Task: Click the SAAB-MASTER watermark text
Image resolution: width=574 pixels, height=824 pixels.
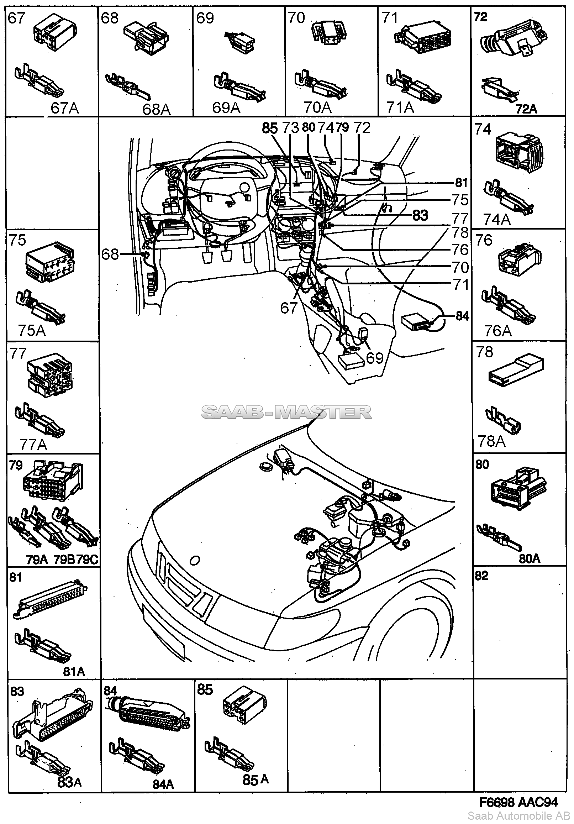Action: coord(286,413)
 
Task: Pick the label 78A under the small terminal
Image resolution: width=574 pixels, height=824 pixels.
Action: coord(491,442)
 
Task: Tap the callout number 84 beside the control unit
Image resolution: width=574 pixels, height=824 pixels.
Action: coord(462,316)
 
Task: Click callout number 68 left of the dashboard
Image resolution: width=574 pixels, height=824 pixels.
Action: coord(110,254)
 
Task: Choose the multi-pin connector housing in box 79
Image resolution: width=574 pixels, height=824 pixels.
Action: coord(52,481)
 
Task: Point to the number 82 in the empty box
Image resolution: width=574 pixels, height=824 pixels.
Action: coord(481,576)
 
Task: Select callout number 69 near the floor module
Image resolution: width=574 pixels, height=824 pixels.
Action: coord(375,358)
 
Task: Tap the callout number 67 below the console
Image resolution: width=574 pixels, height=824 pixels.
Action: coord(289,308)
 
